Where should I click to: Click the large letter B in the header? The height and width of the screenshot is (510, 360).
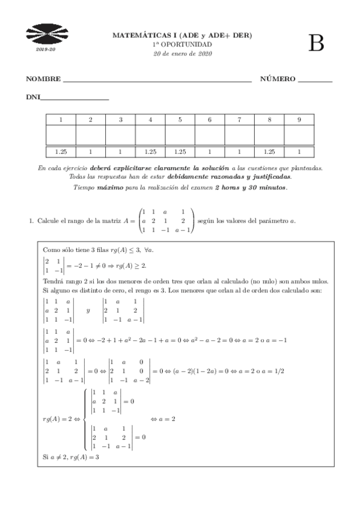[x=316, y=43]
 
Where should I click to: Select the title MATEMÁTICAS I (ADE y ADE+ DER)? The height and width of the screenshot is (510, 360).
[x=182, y=35]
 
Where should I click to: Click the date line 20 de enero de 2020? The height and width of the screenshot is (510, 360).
[x=183, y=54]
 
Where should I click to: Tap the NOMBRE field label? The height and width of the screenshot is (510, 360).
[x=44, y=79]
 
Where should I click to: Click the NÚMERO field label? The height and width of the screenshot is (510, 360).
[x=278, y=79]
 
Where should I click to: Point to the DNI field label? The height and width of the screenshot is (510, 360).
[x=33, y=97]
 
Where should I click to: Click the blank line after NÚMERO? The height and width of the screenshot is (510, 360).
[x=315, y=81]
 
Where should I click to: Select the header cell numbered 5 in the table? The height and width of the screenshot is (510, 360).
[x=180, y=120]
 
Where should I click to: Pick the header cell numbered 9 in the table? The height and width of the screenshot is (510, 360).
[x=299, y=120]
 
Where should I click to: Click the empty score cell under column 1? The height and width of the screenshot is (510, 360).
[x=61, y=135]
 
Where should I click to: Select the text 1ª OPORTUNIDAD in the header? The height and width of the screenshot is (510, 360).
[x=182, y=45]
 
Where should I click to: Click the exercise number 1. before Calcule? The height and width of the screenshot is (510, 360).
[x=31, y=221]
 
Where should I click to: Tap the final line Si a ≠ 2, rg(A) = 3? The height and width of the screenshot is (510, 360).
[x=71, y=457]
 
